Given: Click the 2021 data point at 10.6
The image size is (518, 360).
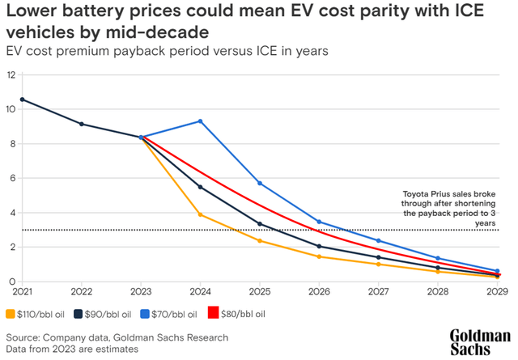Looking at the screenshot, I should (x=22, y=100).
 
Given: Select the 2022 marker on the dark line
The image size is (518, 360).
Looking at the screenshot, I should (x=82, y=124).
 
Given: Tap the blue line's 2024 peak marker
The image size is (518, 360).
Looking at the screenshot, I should (x=200, y=121).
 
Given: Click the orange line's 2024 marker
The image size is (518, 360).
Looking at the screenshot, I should (x=200, y=214).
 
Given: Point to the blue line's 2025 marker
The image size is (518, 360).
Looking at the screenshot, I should (x=259, y=183).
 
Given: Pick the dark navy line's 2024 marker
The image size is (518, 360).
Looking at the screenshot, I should (x=200, y=187).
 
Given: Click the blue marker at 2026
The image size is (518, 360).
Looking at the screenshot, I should (x=319, y=222).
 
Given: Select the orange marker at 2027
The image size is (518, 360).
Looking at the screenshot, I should (x=378, y=265).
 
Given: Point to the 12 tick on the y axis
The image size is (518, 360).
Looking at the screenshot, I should (x=11, y=74).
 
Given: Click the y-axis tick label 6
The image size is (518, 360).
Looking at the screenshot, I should (x=12, y=178).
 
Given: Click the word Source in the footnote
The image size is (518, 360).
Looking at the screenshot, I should (x=24, y=337).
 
